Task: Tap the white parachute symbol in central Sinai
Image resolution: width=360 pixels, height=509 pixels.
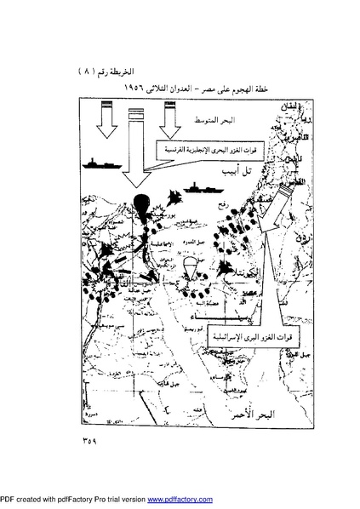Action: [x=189, y=269]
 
